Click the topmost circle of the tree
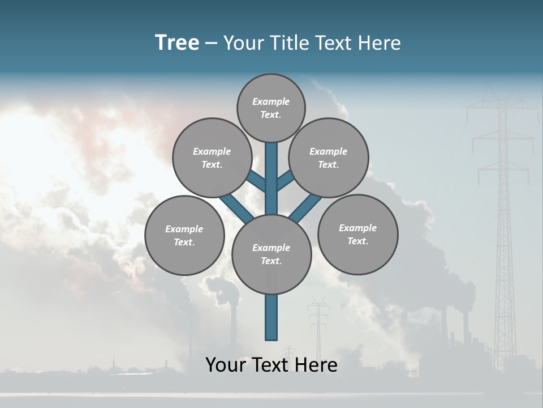(271, 108)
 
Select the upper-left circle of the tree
(212, 158)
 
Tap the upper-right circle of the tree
(329, 158)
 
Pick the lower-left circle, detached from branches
(184, 235)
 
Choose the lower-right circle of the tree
(357, 234)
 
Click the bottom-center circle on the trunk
(271, 254)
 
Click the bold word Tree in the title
(177, 42)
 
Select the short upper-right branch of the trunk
(285, 181)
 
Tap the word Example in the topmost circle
(271, 102)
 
